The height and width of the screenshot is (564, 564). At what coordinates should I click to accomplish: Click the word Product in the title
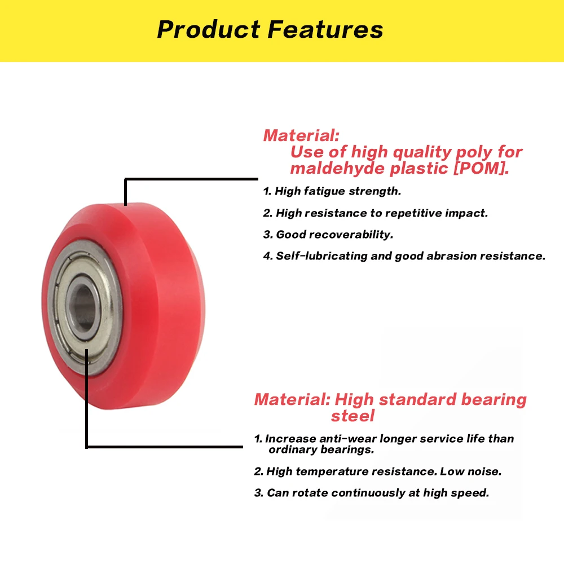pyautogui.click(x=209, y=29)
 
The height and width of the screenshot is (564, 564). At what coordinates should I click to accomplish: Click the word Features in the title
pyautogui.click(x=325, y=29)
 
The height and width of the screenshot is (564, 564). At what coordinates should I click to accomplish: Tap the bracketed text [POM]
pyautogui.click(x=481, y=168)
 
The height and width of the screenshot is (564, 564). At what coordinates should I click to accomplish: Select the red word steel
pyautogui.click(x=352, y=416)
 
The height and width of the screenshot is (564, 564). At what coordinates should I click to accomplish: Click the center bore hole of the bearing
pyautogui.click(x=83, y=306)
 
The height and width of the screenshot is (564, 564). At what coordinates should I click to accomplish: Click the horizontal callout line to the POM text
pyautogui.click(x=191, y=179)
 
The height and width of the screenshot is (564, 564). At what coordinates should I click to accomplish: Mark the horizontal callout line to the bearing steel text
pyautogui.click(x=164, y=447)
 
